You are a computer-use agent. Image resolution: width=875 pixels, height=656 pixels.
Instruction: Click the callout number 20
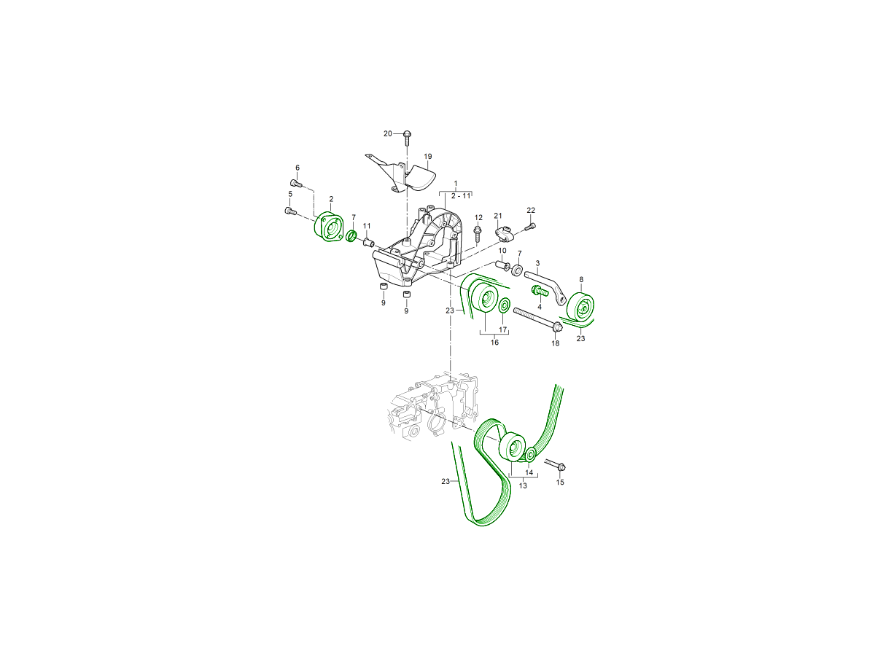(x=387, y=134)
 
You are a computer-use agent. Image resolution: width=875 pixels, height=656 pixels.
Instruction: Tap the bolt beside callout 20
(x=407, y=138)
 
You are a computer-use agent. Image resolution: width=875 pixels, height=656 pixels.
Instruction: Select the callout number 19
(x=428, y=157)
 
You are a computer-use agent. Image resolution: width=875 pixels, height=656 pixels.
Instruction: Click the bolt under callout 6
(x=296, y=183)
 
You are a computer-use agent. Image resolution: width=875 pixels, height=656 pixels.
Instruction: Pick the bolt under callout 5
(x=291, y=211)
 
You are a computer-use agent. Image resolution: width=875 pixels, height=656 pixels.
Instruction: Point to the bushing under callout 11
(x=367, y=242)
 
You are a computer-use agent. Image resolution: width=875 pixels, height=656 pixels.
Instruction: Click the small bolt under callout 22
(x=530, y=227)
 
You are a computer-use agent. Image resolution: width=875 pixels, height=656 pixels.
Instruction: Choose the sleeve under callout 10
(x=502, y=265)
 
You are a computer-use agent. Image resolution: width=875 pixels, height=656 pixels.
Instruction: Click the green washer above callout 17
(x=504, y=305)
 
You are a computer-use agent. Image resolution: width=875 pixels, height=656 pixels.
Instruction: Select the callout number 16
(x=494, y=343)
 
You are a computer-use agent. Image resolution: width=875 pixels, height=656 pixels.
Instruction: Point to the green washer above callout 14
(x=530, y=454)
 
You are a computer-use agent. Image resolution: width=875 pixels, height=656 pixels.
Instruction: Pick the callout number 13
(x=523, y=486)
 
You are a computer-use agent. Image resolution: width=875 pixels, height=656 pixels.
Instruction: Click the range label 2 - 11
(x=461, y=196)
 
